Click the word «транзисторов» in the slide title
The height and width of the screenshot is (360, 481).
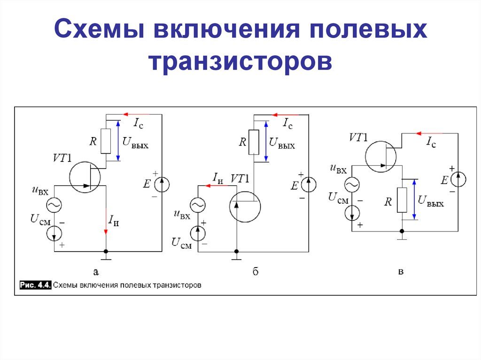tap(240, 62)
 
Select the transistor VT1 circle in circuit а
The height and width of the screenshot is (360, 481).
tap(85, 177)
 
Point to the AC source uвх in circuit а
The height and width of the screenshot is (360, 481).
tap(54, 205)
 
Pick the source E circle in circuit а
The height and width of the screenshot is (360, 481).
tap(162, 184)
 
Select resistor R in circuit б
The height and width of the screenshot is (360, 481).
tap(254, 142)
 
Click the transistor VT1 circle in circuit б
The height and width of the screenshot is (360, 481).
tap(246, 205)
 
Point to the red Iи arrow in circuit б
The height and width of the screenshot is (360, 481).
tap(214, 185)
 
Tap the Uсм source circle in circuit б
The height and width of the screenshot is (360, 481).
tap(197, 233)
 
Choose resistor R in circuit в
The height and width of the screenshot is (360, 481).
tap(402, 199)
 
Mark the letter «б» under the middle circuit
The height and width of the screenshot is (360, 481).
tap(256, 271)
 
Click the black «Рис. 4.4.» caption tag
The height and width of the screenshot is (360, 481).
tap(36, 285)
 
